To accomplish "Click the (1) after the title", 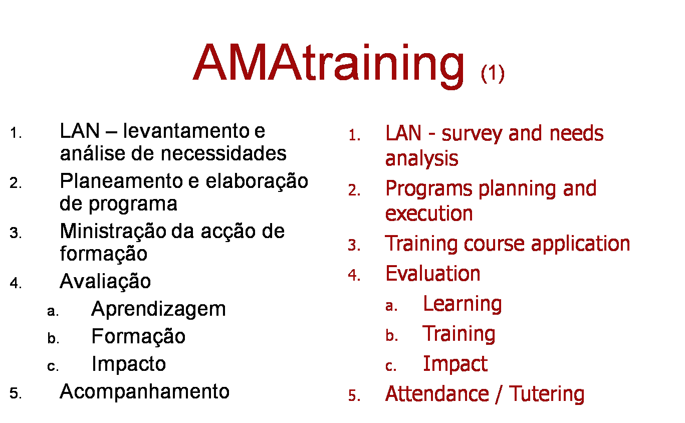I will [492, 73].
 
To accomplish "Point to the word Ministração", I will [113, 231].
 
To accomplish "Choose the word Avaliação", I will [105, 282].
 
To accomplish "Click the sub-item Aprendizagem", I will [158, 309].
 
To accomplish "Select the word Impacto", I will [128, 364].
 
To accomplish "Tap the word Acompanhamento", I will [144, 391].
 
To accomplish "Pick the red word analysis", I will [421, 158].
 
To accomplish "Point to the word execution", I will [428, 214].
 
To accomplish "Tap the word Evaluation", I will [432, 274].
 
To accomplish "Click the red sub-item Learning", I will [462, 304].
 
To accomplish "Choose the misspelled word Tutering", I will [547, 394].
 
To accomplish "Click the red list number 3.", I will [354, 246].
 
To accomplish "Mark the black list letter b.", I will [53, 339].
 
